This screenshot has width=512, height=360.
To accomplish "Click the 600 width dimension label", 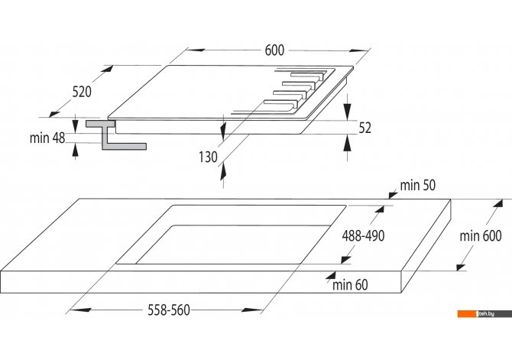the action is pyautogui.click(x=274, y=50).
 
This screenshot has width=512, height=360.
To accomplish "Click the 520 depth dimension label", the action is pyautogui.click(x=82, y=92).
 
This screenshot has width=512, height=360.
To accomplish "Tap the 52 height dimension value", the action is pyautogui.click(x=365, y=128).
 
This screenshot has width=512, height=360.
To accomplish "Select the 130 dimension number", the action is pyautogui.click(x=208, y=157).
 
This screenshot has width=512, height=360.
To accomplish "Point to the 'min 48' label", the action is pyautogui.click(x=47, y=138).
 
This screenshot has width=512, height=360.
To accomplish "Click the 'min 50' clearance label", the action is pyautogui.click(x=418, y=185).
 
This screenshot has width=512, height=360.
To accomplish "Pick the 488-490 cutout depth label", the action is pyautogui.click(x=363, y=235).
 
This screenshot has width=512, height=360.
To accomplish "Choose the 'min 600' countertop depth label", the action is pyautogui.click(x=481, y=235).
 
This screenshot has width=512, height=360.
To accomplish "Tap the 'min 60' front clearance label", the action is pyautogui.click(x=350, y=285).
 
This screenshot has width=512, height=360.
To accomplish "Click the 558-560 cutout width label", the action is pyautogui.click(x=169, y=310).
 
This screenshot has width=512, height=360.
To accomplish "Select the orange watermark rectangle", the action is pyautogui.click(x=468, y=313).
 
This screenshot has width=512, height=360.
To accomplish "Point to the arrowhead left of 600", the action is pyautogui.click(x=196, y=50).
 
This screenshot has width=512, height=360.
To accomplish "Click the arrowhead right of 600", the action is pyautogui.click(x=359, y=50).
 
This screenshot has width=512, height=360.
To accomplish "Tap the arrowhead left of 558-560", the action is pyautogui.click(x=79, y=310).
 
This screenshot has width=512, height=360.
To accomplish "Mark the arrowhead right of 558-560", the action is pyautogui.click(x=253, y=310).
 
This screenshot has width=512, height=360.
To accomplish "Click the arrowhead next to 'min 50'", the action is pyautogui.click(x=393, y=195).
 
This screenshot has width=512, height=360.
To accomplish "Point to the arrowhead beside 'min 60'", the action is pyautogui.click(x=330, y=274).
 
